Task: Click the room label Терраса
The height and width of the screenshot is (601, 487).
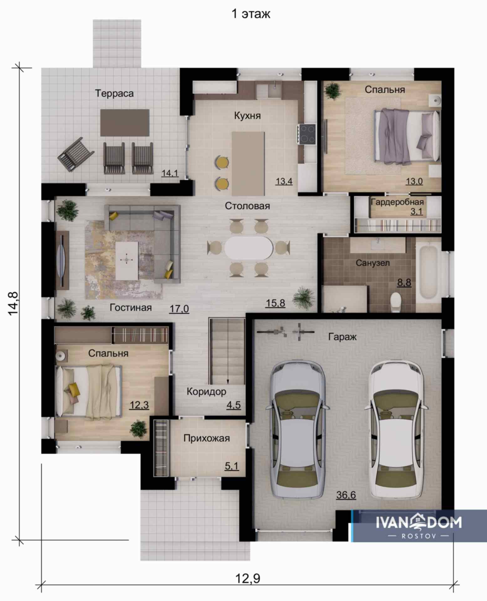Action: (x=114, y=93)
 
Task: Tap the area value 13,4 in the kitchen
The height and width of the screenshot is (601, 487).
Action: (x=284, y=181)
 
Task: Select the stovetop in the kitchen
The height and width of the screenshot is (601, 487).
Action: (x=307, y=134)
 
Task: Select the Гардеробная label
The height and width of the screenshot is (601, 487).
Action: (x=397, y=202)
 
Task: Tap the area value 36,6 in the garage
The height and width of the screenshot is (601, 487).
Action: (x=346, y=495)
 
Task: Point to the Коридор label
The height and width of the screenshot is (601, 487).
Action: (x=206, y=392)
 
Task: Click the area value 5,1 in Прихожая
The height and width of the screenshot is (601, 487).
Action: (x=232, y=466)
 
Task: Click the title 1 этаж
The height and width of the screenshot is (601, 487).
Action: (x=251, y=14)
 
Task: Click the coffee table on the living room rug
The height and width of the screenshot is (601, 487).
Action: (x=127, y=260)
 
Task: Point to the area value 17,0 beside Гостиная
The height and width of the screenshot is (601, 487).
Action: (x=179, y=309)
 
